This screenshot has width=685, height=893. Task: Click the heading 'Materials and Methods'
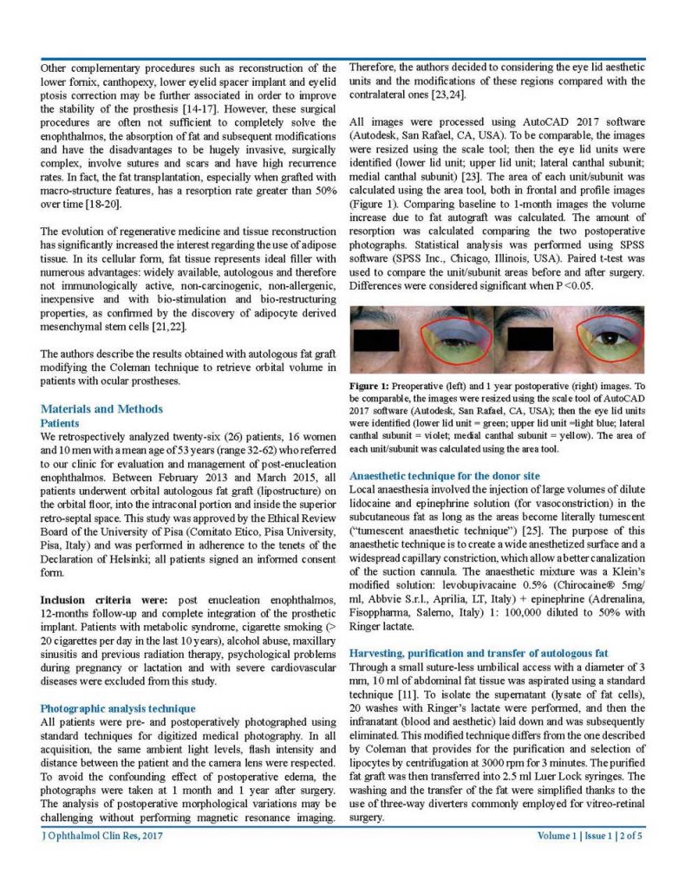(101, 409)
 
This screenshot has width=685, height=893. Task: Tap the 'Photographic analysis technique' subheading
(119, 708)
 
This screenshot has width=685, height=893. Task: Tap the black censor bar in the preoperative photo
(375, 340)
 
